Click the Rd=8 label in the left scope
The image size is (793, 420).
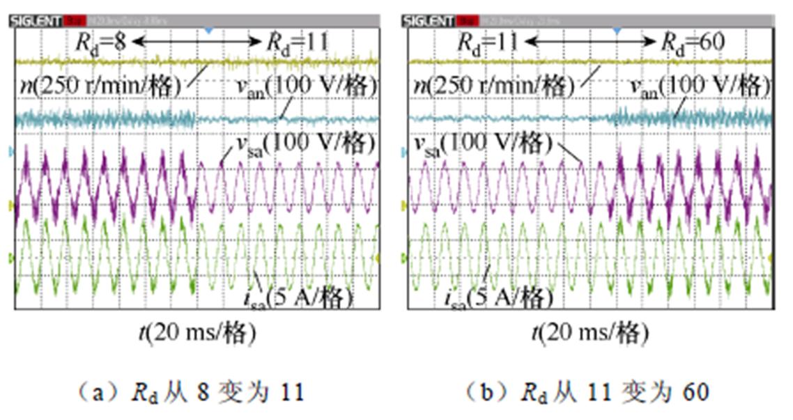100,42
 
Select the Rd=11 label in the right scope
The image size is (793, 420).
487,42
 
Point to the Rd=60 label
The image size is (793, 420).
692,42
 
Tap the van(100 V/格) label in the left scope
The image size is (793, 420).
303,86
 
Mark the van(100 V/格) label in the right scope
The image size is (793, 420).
699,86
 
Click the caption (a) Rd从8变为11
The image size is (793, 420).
189,392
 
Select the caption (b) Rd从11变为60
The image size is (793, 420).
587,392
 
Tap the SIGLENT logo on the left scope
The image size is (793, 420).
36,22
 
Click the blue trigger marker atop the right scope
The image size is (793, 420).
616,31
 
